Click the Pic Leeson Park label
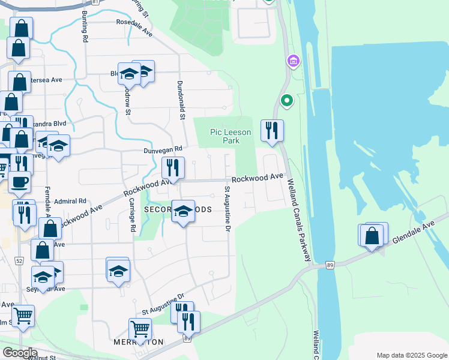tap(224, 136)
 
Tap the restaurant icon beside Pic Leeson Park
tap(272, 131)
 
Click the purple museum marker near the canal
tap(293, 61)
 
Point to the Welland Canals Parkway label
tap(298, 219)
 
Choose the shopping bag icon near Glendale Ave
tap(373, 236)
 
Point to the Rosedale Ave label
tap(134, 28)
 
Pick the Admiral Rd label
tap(70, 202)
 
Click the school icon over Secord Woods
tap(184, 212)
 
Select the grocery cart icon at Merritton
tap(140, 329)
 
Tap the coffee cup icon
tap(19, 182)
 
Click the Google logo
tap(20, 352)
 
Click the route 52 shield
tap(19, 261)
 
